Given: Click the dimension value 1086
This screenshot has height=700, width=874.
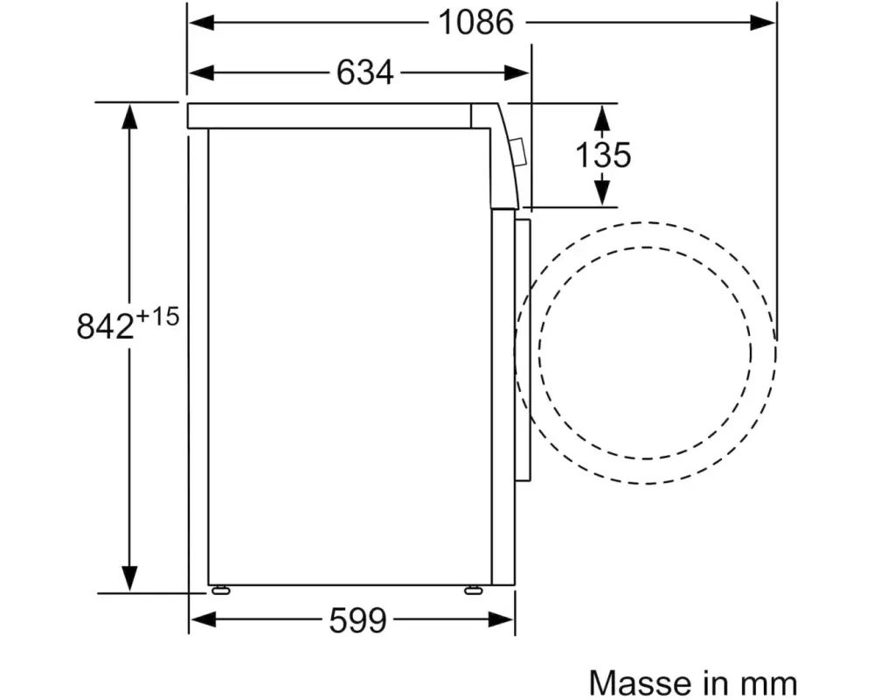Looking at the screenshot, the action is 476,23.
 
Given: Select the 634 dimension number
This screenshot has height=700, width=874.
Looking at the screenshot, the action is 365,73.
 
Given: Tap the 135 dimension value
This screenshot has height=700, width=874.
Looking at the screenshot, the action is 603,155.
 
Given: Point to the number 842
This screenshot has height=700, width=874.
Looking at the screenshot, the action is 106,326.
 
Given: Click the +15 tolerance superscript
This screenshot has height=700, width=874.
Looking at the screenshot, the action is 157,317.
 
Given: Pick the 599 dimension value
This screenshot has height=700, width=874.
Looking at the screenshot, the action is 357,619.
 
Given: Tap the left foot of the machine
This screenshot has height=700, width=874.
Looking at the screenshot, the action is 221,590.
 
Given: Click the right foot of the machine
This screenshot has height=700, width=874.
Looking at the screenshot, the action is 473,590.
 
